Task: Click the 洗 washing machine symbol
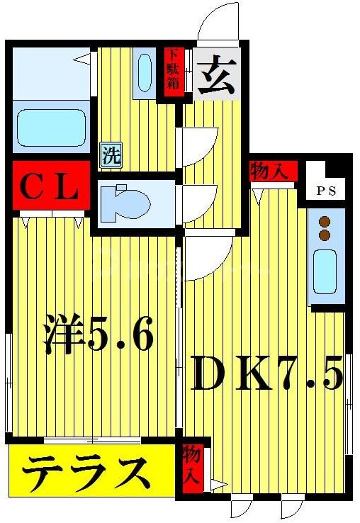110,155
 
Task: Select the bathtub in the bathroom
50,132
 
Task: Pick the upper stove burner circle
325,220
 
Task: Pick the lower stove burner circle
325,235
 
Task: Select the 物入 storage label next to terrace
191,464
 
